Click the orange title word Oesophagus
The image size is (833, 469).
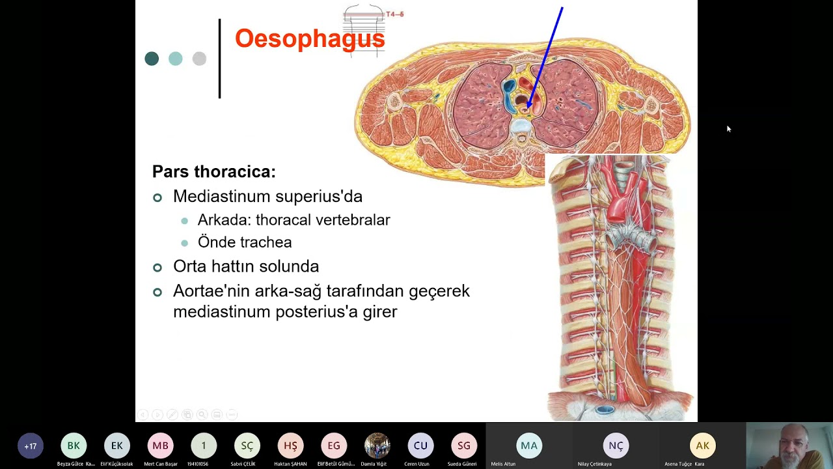(x=310, y=38)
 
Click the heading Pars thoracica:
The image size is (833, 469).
(x=213, y=172)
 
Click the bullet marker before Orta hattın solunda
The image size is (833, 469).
(x=157, y=267)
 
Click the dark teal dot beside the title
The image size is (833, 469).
(x=152, y=59)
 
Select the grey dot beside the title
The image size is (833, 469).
(x=199, y=59)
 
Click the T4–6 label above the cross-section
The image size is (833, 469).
(x=394, y=14)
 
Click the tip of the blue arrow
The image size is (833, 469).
(x=527, y=108)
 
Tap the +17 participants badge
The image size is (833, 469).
(x=30, y=446)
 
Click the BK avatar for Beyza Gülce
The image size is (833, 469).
(x=74, y=446)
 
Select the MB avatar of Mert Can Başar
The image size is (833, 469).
(x=160, y=446)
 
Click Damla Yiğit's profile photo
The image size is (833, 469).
(x=377, y=446)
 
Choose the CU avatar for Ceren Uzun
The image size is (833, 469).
(x=420, y=446)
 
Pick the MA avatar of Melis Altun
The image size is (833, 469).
(x=528, y=446)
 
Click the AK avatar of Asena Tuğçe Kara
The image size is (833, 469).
(x=702, y=446)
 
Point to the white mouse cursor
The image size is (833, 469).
(x=729, y=129)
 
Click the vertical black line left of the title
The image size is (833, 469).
(x=219, y=59)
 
